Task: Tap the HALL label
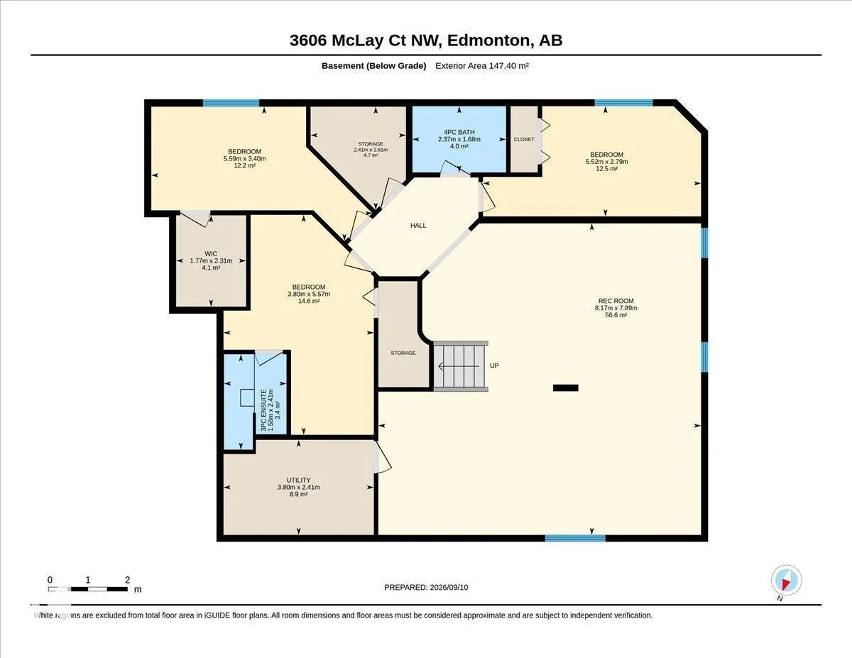point(418,225)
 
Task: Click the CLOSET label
point(524,139)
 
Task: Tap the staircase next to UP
point(461,366)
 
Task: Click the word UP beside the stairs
point(494,366)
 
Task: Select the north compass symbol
point(786,581)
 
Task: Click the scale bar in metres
point(88,589)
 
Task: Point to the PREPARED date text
point(426,587)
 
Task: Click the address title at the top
point(426,40)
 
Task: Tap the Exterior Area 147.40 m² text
point(482,65)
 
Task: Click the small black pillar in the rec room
point(565,388)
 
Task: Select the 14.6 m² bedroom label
point(309,301)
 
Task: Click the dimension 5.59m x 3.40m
point(245,158)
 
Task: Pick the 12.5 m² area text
point(606,168)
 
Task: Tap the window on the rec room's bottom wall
point(575,538)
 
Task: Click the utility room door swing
point(382,457)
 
